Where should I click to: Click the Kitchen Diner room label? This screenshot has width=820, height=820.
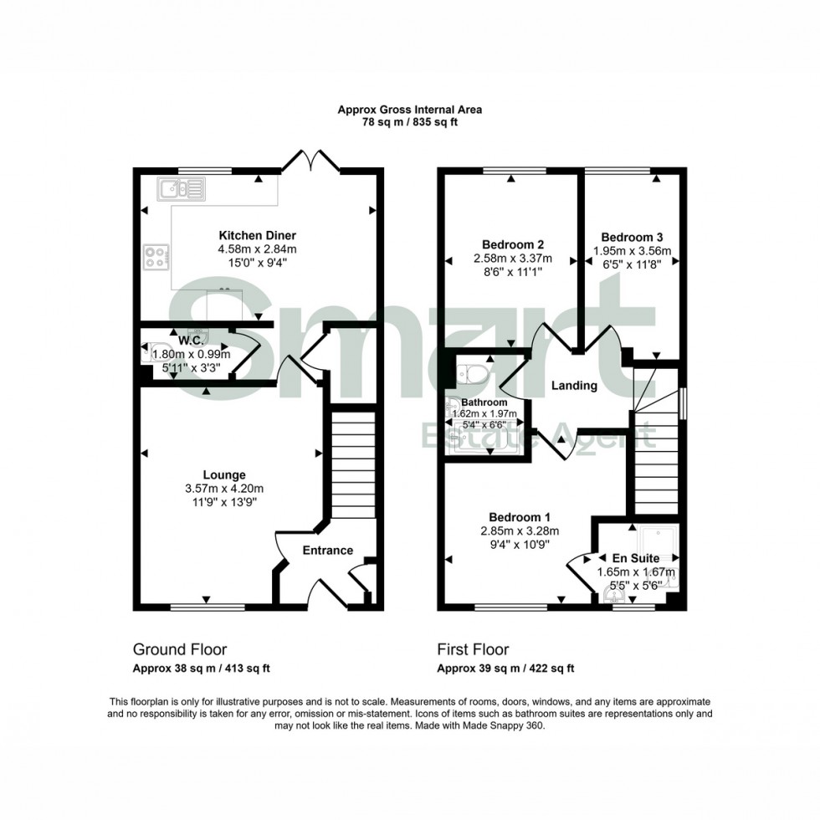[258, 235]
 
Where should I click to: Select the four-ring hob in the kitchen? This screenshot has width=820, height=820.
[156, 256]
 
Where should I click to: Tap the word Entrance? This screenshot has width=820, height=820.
[327, 550]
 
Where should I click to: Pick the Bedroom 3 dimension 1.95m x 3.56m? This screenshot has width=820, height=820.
[633, 249]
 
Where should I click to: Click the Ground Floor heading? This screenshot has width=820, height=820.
[180, 649]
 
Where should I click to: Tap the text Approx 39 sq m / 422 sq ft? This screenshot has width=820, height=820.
[505, 668]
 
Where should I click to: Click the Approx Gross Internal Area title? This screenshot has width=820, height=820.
[410, 110]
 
